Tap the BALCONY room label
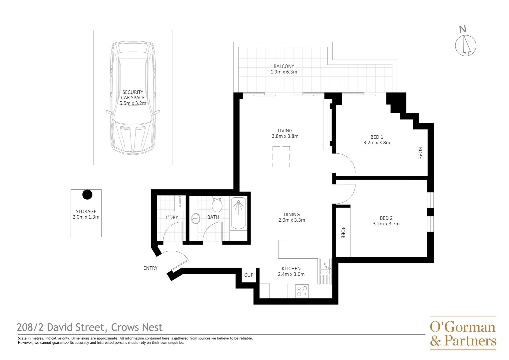[x=284, y=66]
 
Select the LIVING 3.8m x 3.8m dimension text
[x=285, y=136]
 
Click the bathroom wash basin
[x=196, y=219]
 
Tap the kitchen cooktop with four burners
[x=302, y=291]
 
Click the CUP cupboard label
[x=249, y=275]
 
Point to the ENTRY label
[x=150, y=268]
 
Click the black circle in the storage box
[x=87, y=195]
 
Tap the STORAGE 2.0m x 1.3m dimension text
[x=86, y=217]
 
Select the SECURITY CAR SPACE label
[x=133, y=95]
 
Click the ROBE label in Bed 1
[x=420, y=153]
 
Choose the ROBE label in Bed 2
[x=343, y=232]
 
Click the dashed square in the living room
[x=281, y=157]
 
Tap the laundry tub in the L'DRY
[x=180, y=203]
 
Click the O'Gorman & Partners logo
[x=463, y=333]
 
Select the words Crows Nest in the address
[x=137, y=327]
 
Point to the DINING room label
[x=292, y=215]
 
